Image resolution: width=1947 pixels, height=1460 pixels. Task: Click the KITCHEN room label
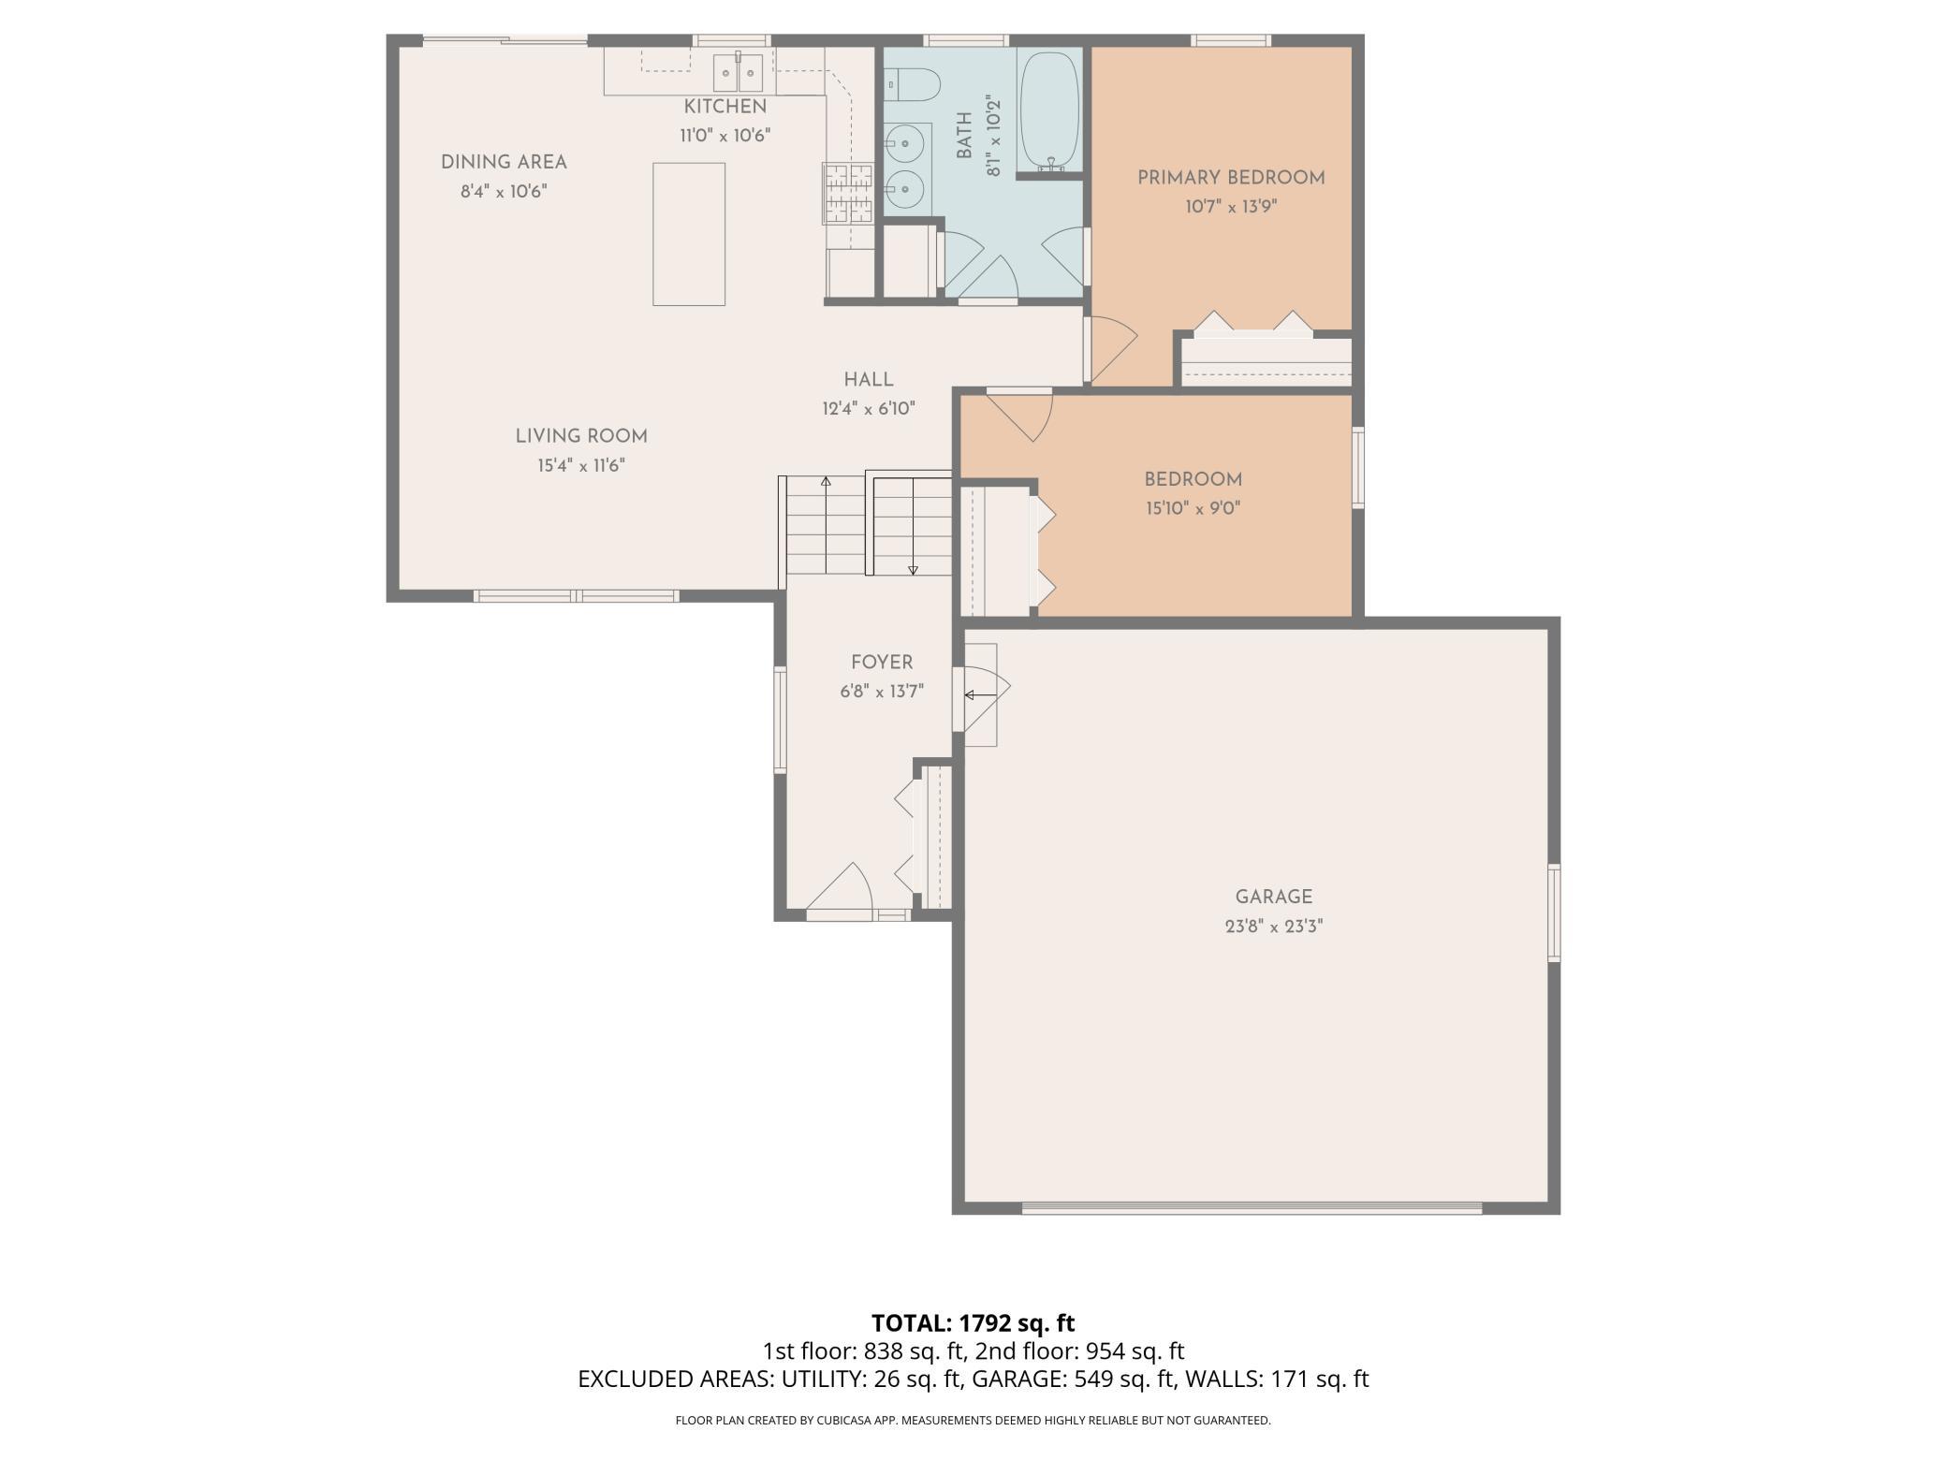[x=725, y=107]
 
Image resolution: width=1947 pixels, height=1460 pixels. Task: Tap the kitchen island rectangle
[x=689, y=234]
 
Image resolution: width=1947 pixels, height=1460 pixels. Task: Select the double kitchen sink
[x=738, y=71]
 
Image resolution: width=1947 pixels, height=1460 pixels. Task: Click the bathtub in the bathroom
[x=1048, y=110]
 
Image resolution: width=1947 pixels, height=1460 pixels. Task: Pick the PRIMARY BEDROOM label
[x=1231, y=178]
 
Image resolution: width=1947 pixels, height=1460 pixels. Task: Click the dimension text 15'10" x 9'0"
[x=1193, y=509]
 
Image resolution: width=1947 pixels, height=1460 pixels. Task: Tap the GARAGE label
[x=1273, y=897]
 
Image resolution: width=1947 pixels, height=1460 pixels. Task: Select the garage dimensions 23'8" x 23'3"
[x=1273, y=927]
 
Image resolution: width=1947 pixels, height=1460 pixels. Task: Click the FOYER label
[x=882, y=663]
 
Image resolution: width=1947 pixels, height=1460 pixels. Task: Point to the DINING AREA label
[x=504, y=162]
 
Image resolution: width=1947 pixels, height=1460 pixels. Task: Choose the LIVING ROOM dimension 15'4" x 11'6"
[x=580, y=465]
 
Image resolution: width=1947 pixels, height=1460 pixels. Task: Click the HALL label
[x=869, y=379]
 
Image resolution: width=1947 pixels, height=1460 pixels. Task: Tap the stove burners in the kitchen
[x=848, y=194]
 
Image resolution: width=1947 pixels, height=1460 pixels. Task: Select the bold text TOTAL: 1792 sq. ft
[x=973, y=1323]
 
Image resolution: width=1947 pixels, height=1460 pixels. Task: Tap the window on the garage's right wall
[x=1554, y=912]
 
